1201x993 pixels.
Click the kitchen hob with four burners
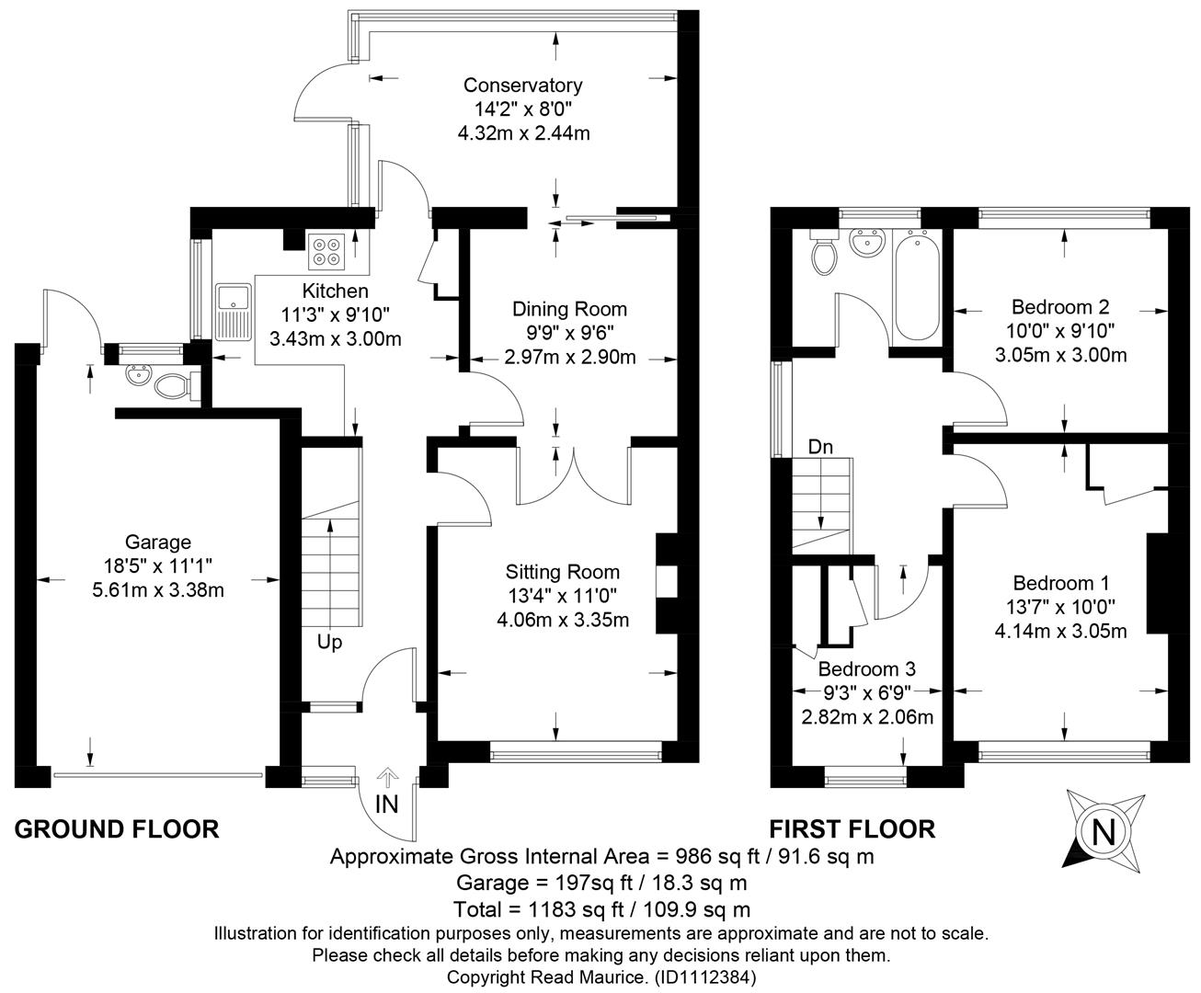(x=326, y=252)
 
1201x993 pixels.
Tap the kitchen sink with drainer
(x=234, y=313)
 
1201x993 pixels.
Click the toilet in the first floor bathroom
(x=824, y=253)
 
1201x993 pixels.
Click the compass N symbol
(x=1104, y=832)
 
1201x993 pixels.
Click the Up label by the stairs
(x=329, y=643)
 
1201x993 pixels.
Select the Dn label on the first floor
(x=820, y=447)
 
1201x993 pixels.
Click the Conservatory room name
(x=523, y=86)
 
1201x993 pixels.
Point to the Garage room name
(x=157, y=542)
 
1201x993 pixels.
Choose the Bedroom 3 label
(x=867, y=668)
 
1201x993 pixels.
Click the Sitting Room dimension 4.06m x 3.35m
(x=563, y=620)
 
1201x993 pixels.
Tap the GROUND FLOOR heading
(x=117, y=829)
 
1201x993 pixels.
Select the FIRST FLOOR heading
(x=852, y=829)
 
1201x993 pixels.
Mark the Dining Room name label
(x=569, y=309)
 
